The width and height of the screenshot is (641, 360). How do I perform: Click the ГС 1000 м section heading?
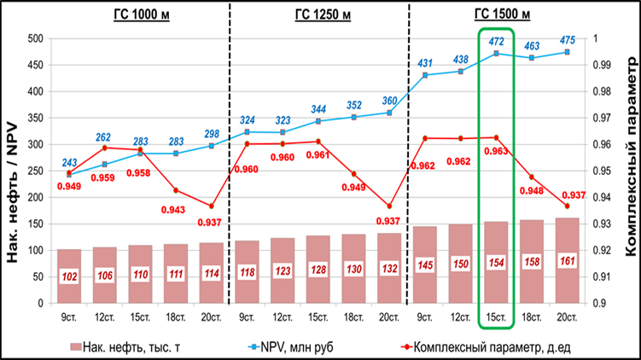(x=138, y=15)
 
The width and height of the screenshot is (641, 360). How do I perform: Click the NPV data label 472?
(x=496, y=41)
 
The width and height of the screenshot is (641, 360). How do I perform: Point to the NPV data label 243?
(x=69, y=162)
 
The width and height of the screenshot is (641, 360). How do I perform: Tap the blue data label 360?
(x=389, y=101)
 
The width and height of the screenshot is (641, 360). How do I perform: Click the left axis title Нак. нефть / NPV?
(x=13, y=171)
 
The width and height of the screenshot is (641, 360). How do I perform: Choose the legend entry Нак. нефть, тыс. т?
(x=141, y=346)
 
